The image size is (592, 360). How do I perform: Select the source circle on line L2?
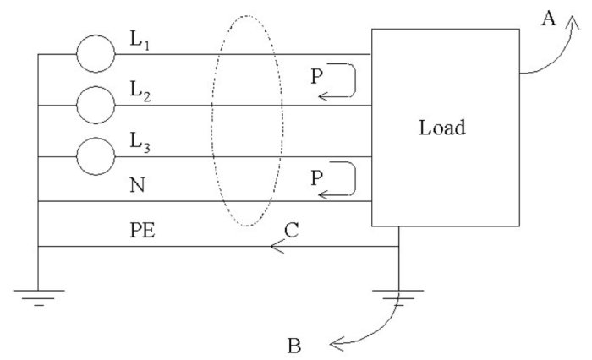tap(95, 105)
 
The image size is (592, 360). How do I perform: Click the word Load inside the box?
tap(442, 129)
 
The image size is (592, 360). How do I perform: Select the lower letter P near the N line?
tap(316, 177)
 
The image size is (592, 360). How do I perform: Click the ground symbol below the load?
tap(398, 295)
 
